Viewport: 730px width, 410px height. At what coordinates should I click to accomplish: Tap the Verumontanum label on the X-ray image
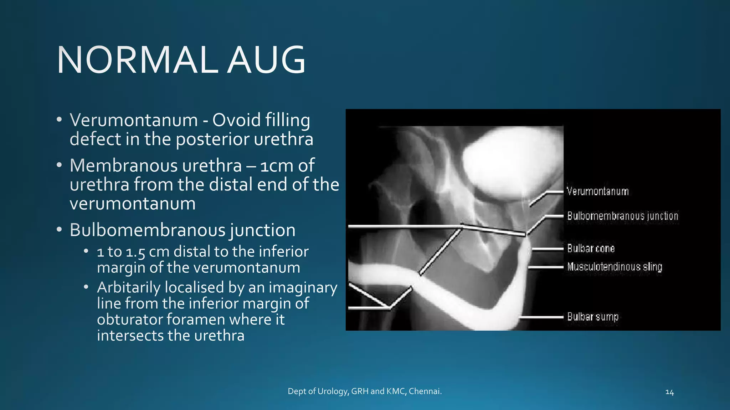coord(597,191)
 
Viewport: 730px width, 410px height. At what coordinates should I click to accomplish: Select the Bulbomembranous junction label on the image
coord(622,216)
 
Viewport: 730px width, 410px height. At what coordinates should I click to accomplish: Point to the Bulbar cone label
coord(591,248)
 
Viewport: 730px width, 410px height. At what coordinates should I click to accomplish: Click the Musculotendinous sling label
coord(615,267)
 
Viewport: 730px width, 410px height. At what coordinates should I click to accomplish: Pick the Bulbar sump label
coord(592,316)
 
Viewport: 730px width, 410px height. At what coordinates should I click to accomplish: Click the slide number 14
coord(669,392)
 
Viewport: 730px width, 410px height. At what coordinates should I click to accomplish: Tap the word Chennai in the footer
coord(425,391)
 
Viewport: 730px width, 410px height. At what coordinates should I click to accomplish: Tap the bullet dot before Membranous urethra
coord(59,165)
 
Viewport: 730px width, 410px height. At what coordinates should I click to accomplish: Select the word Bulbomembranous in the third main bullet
coord(147,230)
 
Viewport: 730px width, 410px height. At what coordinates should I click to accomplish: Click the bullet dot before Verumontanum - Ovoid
coord(59,119)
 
